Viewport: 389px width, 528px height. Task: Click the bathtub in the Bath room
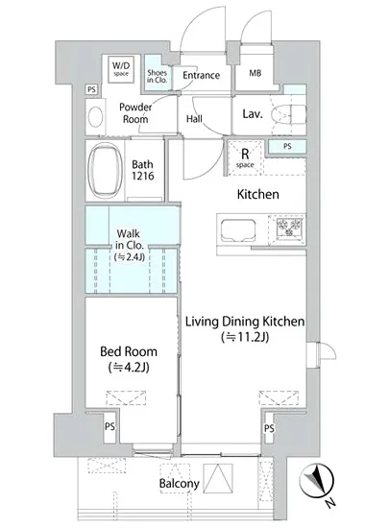coord(105,170)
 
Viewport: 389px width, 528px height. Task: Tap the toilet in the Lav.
coord(289,114)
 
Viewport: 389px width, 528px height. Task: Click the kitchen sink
coord(238,230)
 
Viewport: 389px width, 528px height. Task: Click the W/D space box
coord(121,69)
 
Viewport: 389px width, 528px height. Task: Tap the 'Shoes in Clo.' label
coord(157,76)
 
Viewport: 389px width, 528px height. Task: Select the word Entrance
coord(201,75)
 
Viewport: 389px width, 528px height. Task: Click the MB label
coord(255,73)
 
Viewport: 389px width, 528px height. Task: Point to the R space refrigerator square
coord(245,158)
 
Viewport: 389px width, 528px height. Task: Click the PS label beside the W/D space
coord(91,89)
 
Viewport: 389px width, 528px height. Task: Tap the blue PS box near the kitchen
coord(287,147)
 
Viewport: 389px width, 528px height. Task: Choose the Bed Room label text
coord(129,351)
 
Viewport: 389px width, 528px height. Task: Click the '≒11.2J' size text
coord(245,337)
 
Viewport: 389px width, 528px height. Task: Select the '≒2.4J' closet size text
coord(130,257)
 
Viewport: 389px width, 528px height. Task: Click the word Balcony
coord(180,484)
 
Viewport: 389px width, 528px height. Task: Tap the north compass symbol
coord(317,481)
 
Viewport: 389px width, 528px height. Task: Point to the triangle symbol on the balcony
coord(218,478)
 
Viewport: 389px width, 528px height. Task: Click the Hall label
coord(194,118)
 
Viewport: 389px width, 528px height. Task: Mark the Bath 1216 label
coord(143,170)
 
